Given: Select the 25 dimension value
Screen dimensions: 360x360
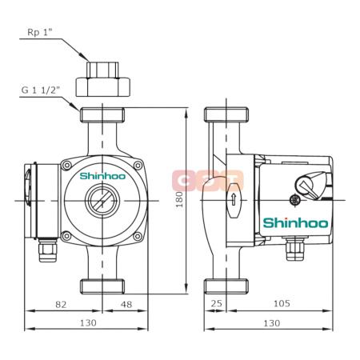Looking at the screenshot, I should tap(215, 303).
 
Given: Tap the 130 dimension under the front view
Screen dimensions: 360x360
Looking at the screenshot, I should tap(87, 322).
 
